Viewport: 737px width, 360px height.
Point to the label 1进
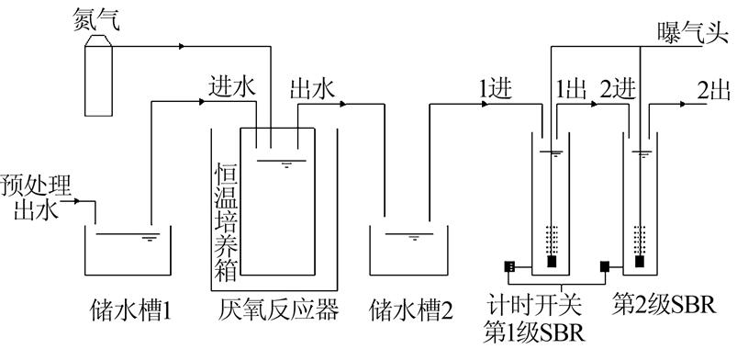click(497, 89)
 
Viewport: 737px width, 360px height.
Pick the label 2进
click(618, 89)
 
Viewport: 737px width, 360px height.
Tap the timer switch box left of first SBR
click(509, 267)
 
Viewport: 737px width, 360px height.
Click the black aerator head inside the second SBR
click(638, 262)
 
